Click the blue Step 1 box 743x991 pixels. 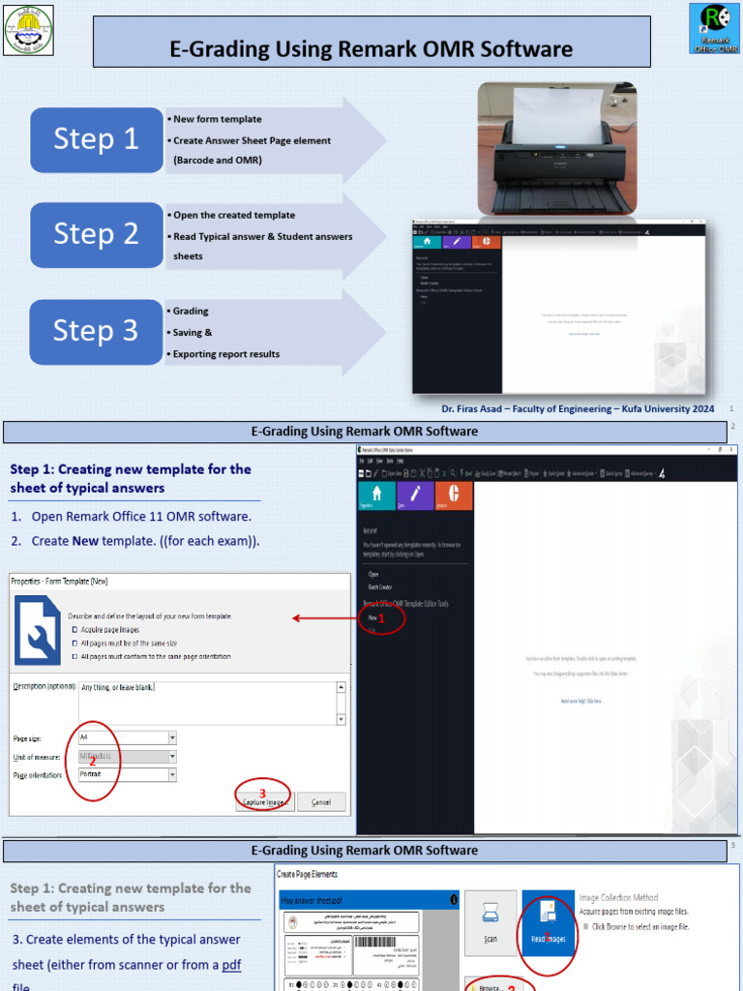(97, 139)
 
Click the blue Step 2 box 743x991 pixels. (97, 234)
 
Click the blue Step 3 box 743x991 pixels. (97, 331)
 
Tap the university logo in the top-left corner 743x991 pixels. (28, 29)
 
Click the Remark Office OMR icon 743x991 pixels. (714, 28)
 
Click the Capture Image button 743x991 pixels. (263, 802)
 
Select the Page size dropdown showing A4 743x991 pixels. (127, 737)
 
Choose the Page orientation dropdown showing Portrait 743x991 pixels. (127, 775)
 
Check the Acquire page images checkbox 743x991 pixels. (75, 629)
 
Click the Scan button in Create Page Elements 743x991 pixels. (490, 923)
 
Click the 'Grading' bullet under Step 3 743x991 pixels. (191, 312)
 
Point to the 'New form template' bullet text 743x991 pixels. (217, 119)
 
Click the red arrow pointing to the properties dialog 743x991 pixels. (324, 618)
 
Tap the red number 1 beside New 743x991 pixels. (382, 617)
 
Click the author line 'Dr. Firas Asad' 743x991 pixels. (578, 409)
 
